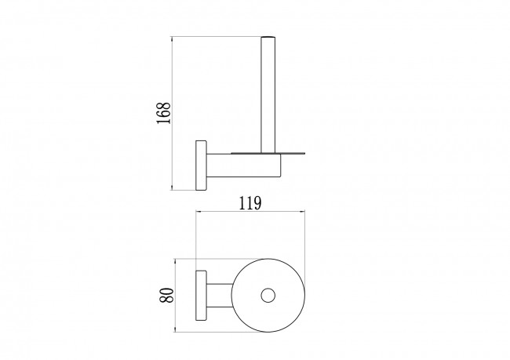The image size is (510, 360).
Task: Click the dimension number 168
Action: (163, 113)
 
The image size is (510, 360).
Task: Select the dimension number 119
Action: (250, 203)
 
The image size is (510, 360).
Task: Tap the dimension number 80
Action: (167, 295)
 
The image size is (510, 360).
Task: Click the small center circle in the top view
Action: (268, 295)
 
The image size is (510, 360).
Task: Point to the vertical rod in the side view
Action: (268, 95)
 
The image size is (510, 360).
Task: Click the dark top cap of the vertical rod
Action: (268, 37)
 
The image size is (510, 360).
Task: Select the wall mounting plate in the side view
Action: (201, 165)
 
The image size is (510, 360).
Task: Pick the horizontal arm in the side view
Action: (243, 165)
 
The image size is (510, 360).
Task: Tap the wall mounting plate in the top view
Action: (201, 295)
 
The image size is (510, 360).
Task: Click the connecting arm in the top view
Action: (220, 295)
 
